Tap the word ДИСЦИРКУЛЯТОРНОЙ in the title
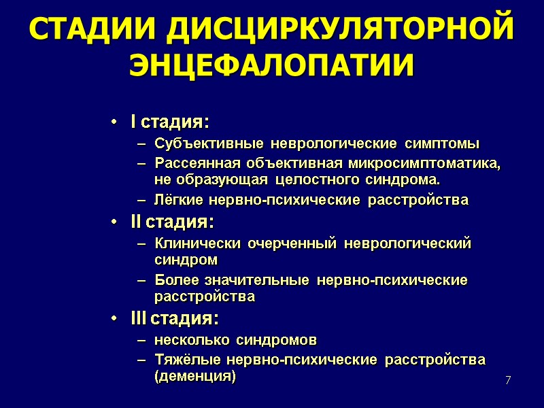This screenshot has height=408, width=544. (339, 31)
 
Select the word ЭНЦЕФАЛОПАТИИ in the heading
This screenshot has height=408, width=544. (271, 65)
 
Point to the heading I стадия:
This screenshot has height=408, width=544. (170, 122)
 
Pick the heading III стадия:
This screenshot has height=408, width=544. (175, 318)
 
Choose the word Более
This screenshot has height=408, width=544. (173, 280)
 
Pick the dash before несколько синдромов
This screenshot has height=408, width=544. (141, 339)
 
